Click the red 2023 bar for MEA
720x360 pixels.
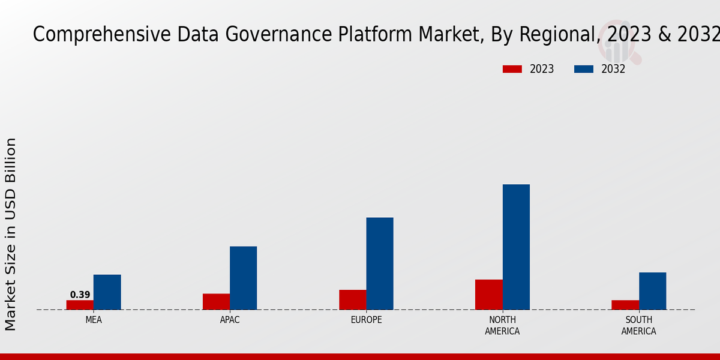point(80,305)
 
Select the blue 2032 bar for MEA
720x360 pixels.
point(107,292)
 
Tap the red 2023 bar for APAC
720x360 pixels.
point(216,302)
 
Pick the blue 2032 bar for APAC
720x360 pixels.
point(243,278)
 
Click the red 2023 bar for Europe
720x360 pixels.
point(352,299)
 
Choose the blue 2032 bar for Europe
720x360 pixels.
point(380,263)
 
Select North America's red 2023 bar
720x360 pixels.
point(488,295)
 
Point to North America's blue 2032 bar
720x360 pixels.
point(516,247)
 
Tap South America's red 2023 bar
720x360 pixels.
point(625,305)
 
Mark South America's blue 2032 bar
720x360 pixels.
point(652,291)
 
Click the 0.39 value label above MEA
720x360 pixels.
point(80,295)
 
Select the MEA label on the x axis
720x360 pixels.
point(94,320)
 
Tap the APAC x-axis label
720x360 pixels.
point(230,320)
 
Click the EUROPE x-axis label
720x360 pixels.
point(366,320)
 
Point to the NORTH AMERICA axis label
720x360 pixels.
point(502,325)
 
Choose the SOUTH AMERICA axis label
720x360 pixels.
point(638,325)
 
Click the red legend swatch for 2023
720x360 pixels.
point(512,69)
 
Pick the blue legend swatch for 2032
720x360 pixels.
point(584,69)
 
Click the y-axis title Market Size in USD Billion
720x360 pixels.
point(11,234)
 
